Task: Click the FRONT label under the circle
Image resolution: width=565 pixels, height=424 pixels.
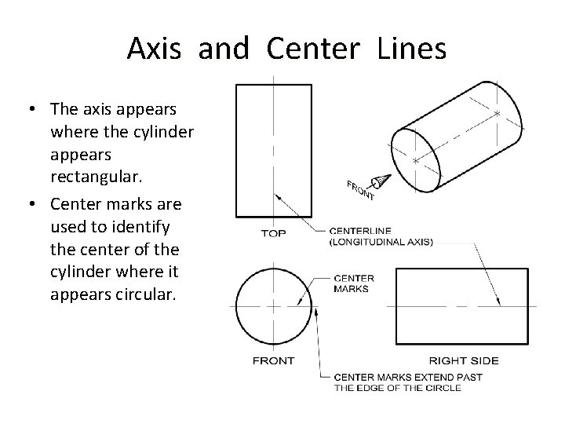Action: coord(273,360)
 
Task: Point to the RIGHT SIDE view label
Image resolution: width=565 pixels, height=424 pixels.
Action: coord(462,360)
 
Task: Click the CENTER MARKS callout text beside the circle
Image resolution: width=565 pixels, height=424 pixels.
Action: coord(354,283)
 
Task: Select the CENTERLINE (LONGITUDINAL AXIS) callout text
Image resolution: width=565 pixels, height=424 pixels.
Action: coord(380,237)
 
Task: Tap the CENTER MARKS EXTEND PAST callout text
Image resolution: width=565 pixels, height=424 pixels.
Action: coord(408,376)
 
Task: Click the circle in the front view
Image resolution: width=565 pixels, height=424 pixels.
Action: coord(272,305)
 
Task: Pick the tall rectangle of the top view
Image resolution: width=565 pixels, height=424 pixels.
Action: coord(272,150)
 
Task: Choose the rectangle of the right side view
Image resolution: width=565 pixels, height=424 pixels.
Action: coord(466,305)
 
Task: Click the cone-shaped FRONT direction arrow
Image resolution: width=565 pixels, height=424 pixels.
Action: coord(381,181)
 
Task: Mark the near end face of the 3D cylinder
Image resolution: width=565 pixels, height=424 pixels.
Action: coord(417,159)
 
